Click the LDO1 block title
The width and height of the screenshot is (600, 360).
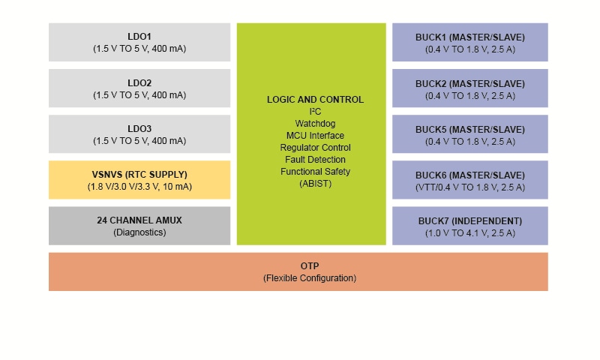(139, 37)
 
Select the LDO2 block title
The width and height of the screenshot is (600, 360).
(139, 82)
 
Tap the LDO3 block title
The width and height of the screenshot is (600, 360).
(139, 128)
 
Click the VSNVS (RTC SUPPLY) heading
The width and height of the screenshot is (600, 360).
(139, 174)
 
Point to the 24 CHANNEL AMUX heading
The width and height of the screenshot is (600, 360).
(139, 220)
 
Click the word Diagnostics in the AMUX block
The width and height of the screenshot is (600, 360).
(139, 232)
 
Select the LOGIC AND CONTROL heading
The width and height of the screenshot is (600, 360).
(315, 100)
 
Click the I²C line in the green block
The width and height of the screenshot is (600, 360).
(315, 112)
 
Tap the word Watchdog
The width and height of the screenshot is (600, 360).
(315, 124)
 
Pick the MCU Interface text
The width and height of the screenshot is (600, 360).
(315, 136)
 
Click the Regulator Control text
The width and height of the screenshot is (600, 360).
(315, 148)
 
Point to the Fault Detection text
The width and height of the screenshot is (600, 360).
(315, 160)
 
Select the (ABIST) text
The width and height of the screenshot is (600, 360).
(315, 184)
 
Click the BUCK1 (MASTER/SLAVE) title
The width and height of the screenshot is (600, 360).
(470, 37)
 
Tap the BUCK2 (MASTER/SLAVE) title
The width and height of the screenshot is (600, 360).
(470, 82)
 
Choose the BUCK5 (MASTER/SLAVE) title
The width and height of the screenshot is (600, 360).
(470, 128)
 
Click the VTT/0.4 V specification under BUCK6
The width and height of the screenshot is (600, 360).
(470, 187)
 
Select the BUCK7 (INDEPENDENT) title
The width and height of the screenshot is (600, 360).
(470, 220)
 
